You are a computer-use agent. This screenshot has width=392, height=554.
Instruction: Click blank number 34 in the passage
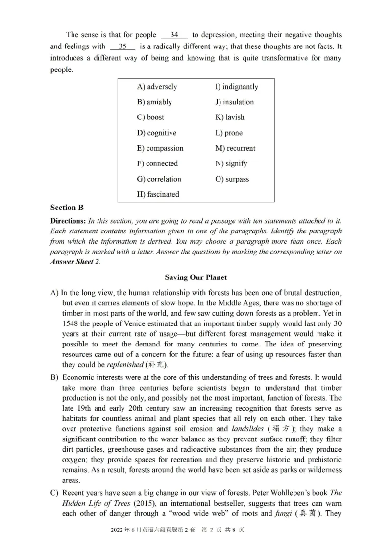pos(174,35)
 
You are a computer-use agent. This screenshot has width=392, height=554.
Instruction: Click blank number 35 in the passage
pos(122,46)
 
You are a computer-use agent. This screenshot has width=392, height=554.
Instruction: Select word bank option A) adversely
pos(157,87)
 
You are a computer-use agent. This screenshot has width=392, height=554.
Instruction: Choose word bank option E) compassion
pos(160,148)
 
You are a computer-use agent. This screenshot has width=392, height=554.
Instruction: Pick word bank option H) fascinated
pos(158,194)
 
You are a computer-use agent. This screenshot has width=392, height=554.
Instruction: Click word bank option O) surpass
pos(232,179)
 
